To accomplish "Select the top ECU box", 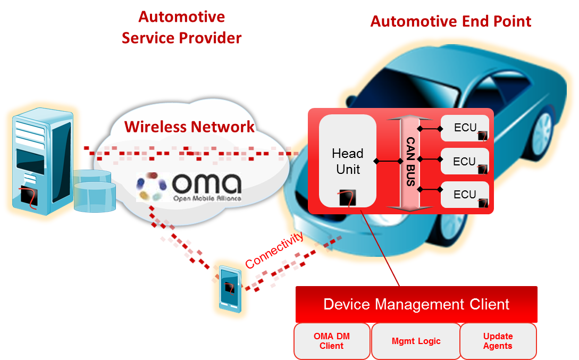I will pyautogui.click(x=465, y=128).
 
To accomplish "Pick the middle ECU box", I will pyautogui.click(x=465, y=162).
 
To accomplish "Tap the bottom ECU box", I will pyautogui.click(x=465, y=195).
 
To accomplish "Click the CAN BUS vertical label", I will pyautogui.click(x=410, y=161).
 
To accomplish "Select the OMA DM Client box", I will pyautogui.click(x=332, y=341).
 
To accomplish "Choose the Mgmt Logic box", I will pyautogui.click(x=416, y=341).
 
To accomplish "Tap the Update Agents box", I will pyautogui.click(x=498, y=341).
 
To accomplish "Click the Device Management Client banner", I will pyautogui.click(x=416, y=305).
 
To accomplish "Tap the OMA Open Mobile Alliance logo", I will pyautogui.click(x=189, y=187).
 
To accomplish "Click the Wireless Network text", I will pyautogui.click(x=189, y=127).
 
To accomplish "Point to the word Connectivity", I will pyautogui.click(x=275, y=249).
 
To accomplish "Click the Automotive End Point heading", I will pyautogui.click(x=450, y=22).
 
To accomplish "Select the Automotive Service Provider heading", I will pyautogui.click(x=182, y=28).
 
